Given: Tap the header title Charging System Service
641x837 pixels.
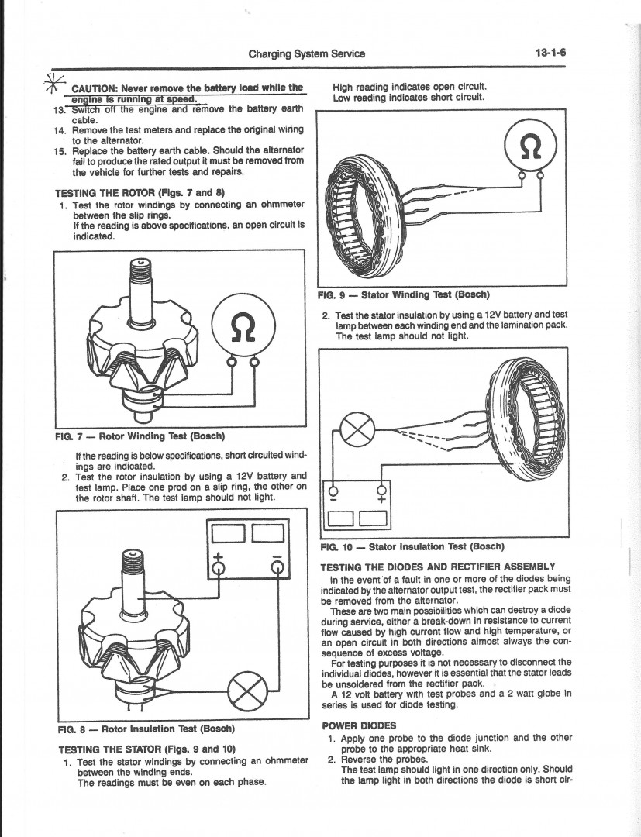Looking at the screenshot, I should click(306, 53).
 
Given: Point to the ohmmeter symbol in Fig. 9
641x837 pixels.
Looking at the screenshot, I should click(529, 146).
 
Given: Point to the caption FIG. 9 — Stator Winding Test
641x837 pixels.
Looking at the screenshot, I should click(404, 294).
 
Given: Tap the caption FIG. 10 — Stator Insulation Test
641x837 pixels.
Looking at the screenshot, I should click(412, 546).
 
